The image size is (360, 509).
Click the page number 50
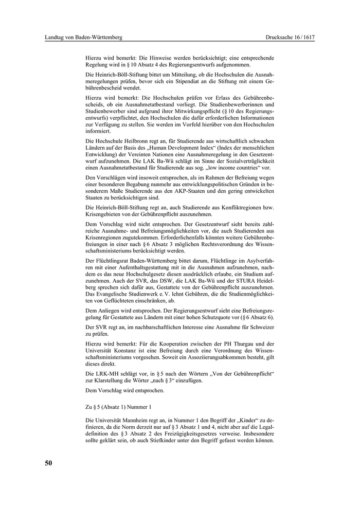coord(48,463)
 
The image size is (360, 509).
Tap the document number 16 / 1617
coord(300,38)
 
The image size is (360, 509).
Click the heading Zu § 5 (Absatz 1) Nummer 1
coord(118,407)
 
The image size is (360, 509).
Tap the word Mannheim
coord(138,420)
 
